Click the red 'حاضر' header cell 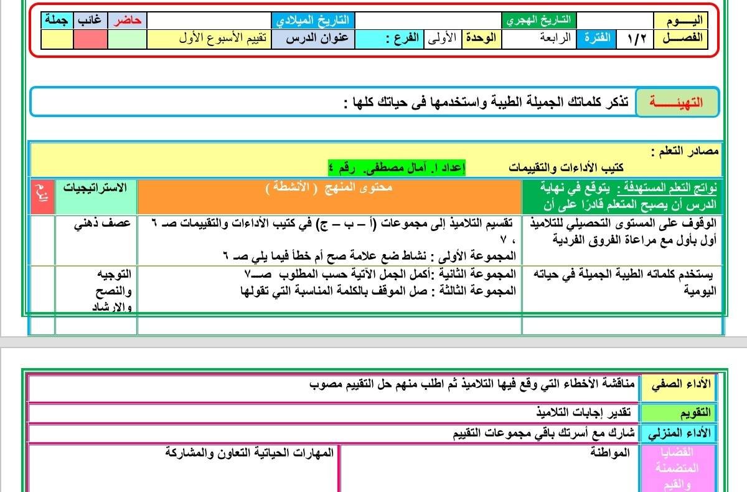128,21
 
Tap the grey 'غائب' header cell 90,21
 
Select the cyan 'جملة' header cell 57,21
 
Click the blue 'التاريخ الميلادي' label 312,21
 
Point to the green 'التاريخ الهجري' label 539,21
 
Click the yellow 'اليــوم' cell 679,21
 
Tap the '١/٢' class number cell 636,38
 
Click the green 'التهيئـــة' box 676,102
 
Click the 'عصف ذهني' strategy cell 101,223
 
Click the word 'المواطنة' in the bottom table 609,453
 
